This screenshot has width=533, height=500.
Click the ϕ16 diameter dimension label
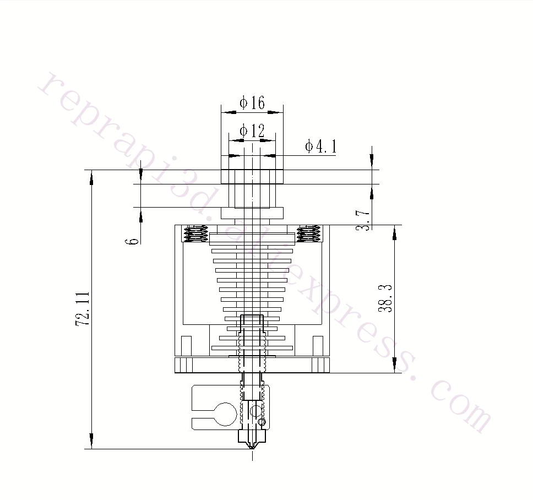[252, 102]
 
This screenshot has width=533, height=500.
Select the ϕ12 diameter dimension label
[252, 131]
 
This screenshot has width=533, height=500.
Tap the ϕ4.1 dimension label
[320, 146]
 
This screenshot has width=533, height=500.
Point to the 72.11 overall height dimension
[83, 309]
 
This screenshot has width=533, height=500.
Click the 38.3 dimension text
[385, 298]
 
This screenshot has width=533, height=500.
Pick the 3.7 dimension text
[363, 220]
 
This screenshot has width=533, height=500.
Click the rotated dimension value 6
[132, 241]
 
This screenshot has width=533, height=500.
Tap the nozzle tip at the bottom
[252, 448]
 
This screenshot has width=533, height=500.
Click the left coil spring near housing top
[196, 234]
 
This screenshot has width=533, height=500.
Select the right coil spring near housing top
[308, 234]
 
